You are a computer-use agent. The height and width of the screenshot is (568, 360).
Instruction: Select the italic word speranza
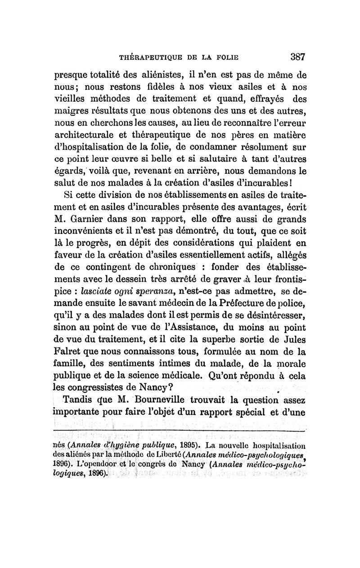[x=138, y=286]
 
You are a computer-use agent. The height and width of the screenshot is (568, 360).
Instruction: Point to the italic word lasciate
[x=89, y=286]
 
